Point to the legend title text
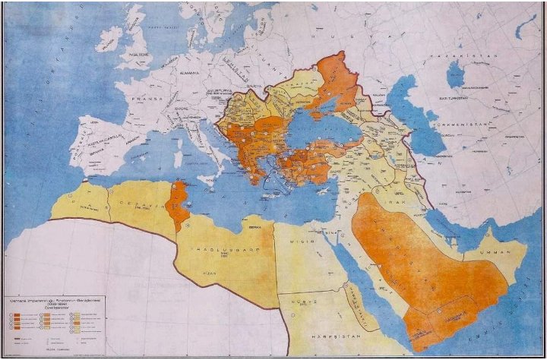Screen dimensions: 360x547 click(46, 302)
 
